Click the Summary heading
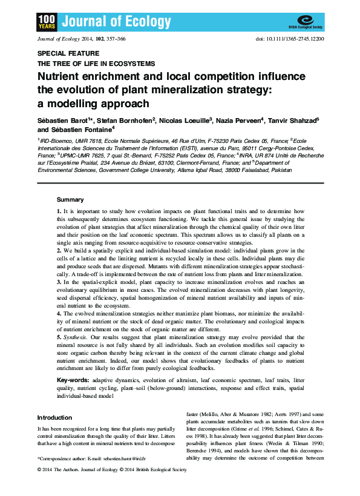[70, 199]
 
